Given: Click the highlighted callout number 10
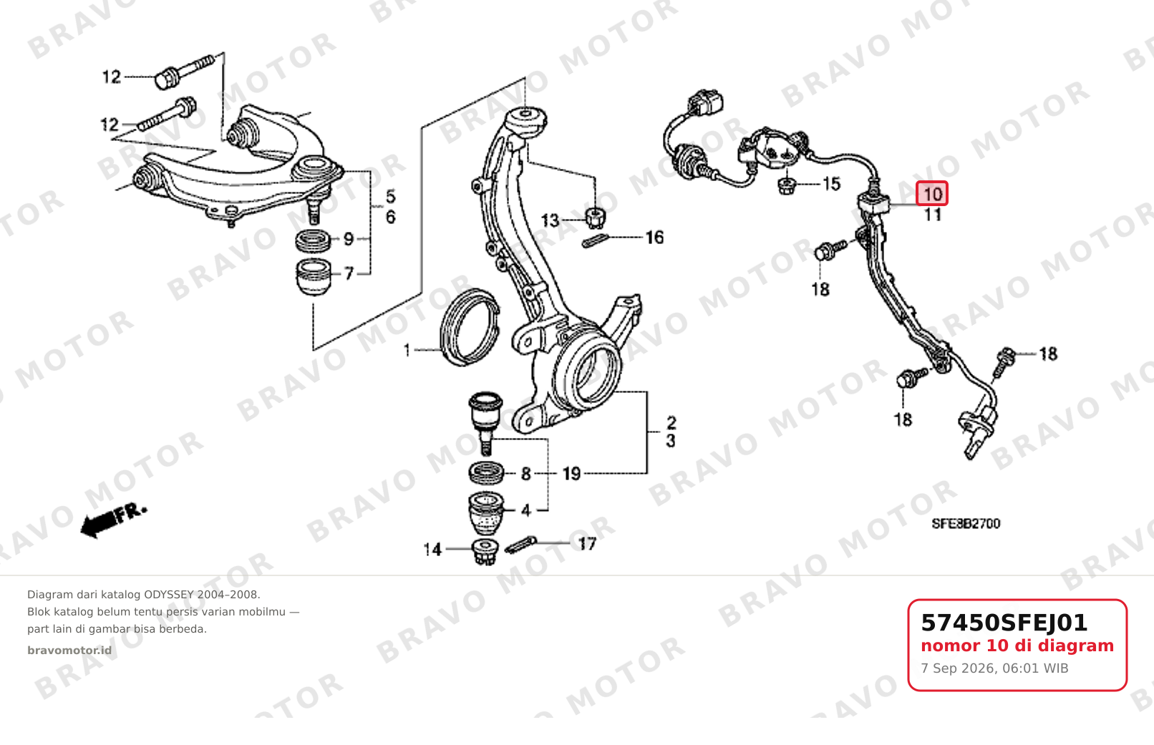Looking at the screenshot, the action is click(932, 194).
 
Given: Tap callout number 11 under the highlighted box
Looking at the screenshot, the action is click(933, 214).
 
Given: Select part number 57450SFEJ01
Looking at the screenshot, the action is click(1004, 623).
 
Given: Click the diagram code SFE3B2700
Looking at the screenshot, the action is click(966, 524).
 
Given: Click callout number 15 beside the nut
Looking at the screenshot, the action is click(831, 184).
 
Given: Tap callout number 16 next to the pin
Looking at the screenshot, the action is click(654, 238).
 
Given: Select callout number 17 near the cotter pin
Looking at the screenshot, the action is click(587, 544).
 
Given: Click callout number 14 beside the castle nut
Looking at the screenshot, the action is click(432, 550).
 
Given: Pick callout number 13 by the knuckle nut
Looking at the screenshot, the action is click(550, 221).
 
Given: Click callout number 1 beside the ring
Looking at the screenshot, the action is click(407, 351).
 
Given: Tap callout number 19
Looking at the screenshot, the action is click(571, 474).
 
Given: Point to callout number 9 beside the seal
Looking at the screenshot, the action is click(349, 239).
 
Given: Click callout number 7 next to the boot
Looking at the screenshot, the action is click(349, 273).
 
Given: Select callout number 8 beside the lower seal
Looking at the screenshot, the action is click(525, 474).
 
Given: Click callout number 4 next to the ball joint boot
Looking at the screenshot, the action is click(525, 510).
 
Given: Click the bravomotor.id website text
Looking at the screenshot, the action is click(69, 651).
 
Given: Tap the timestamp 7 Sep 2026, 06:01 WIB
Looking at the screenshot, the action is click(994, 668).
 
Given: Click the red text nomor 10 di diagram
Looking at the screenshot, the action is click(1017, 646).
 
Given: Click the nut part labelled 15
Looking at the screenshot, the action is click(786, 186).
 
